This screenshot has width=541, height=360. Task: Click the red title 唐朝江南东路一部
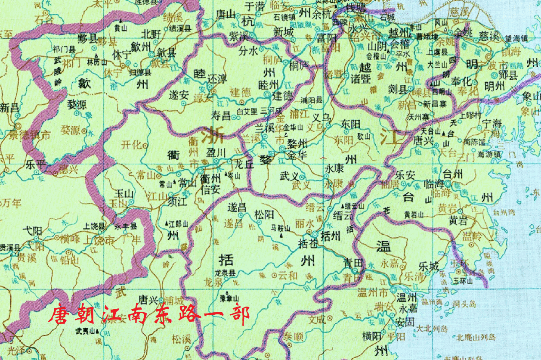(x=148, y=314)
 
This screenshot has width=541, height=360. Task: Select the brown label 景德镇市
(x=29, y=135)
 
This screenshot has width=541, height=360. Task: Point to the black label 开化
(x=132, y=145)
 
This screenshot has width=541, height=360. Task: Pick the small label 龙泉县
(x=226, y=273)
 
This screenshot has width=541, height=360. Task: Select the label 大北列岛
(x=432, y=329)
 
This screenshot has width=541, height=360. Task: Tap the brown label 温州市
(x=373, y=293)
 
